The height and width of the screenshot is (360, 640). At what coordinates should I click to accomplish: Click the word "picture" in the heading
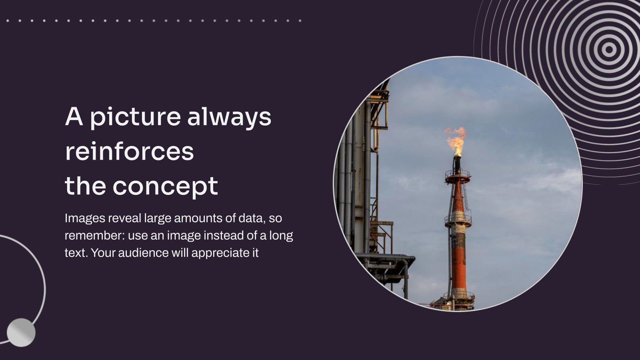point(134,117)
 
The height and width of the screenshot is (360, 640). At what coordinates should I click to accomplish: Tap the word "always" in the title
point(229,117)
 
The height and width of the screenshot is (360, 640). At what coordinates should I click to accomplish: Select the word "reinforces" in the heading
point(129,152)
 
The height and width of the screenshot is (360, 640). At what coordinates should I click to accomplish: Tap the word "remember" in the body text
point(94,236)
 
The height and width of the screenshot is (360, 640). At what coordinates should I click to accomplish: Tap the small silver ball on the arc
point(21,332)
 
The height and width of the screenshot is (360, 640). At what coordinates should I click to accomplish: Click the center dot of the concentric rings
point(609,50)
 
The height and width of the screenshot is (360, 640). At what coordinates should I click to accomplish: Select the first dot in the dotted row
point(8,20)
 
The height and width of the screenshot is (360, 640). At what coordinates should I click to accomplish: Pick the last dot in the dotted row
point(300,20)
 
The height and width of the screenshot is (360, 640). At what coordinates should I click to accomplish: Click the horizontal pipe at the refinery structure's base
point(384,256)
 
